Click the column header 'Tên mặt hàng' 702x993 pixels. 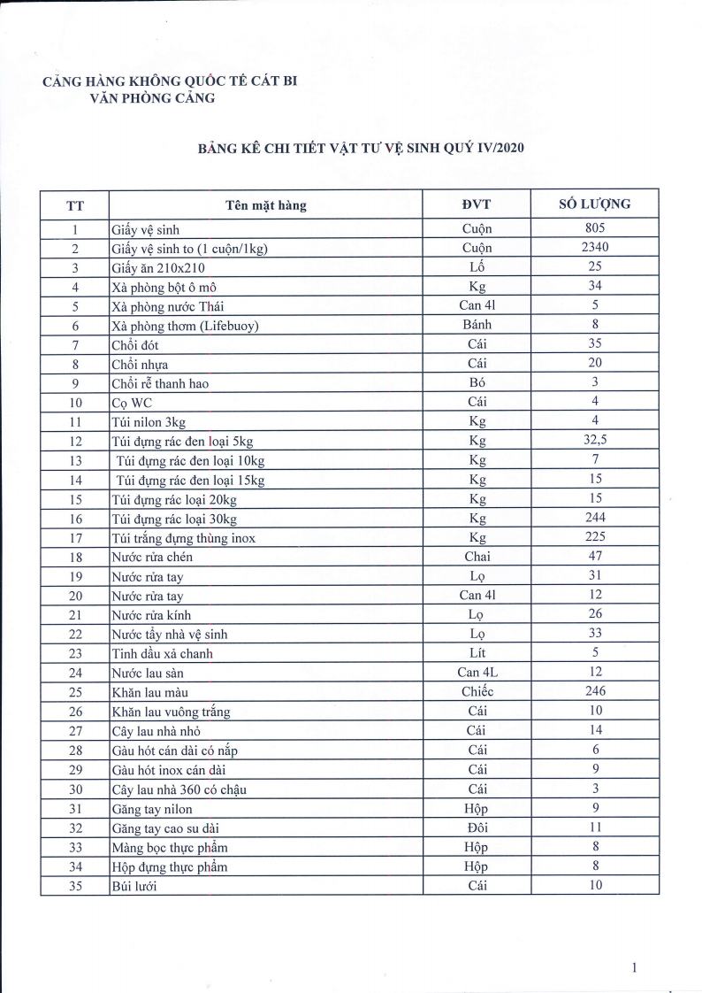(265, 205)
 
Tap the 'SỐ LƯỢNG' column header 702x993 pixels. (594, 204)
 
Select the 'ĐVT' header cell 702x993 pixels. (477, 205)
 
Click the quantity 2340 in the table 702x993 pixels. (594, 248)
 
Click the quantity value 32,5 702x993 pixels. (594, 440)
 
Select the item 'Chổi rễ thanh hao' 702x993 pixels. (160, 383)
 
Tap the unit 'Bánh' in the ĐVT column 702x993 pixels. (477, 325)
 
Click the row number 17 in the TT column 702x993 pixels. (75, 537)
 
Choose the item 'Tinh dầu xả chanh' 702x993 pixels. (162, 653)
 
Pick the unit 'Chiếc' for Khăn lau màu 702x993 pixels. (477, 692)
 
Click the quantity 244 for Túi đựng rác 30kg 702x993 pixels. (594, 518)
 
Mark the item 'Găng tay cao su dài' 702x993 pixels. (169, 827)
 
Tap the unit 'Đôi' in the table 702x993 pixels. (477, 827)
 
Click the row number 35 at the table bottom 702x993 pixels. (75, 885)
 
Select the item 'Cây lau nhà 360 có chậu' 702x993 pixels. (179, 789)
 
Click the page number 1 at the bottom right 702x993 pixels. (635, 967)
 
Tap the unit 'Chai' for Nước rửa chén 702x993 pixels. (477, 557)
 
